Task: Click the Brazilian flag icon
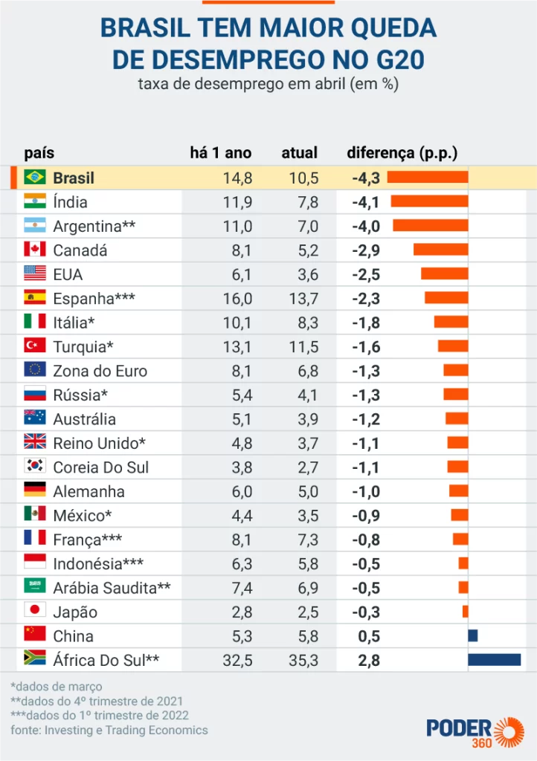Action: coord(34,178)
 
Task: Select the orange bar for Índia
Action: coord(429,201)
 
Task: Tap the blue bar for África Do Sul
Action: coord(494,660)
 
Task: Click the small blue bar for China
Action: coord(472,635)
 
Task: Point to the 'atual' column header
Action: coord(299,153)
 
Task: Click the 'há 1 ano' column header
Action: coord(221,153)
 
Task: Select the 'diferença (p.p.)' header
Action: coord(402,153)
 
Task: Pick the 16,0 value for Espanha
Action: coord(238,299)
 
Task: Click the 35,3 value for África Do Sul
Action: coord(303,660)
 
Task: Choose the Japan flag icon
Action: coord(34,612)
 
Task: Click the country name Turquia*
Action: coord(83,346)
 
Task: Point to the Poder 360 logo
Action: coord(475,731)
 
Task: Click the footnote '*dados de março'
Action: coord(57,686)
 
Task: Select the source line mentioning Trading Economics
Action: coord(109,730)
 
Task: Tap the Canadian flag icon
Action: coord(34,250)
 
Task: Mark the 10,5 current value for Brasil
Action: coord(303,178)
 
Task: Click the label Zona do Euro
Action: coord(100,371)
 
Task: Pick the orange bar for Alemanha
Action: coord(458,491)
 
